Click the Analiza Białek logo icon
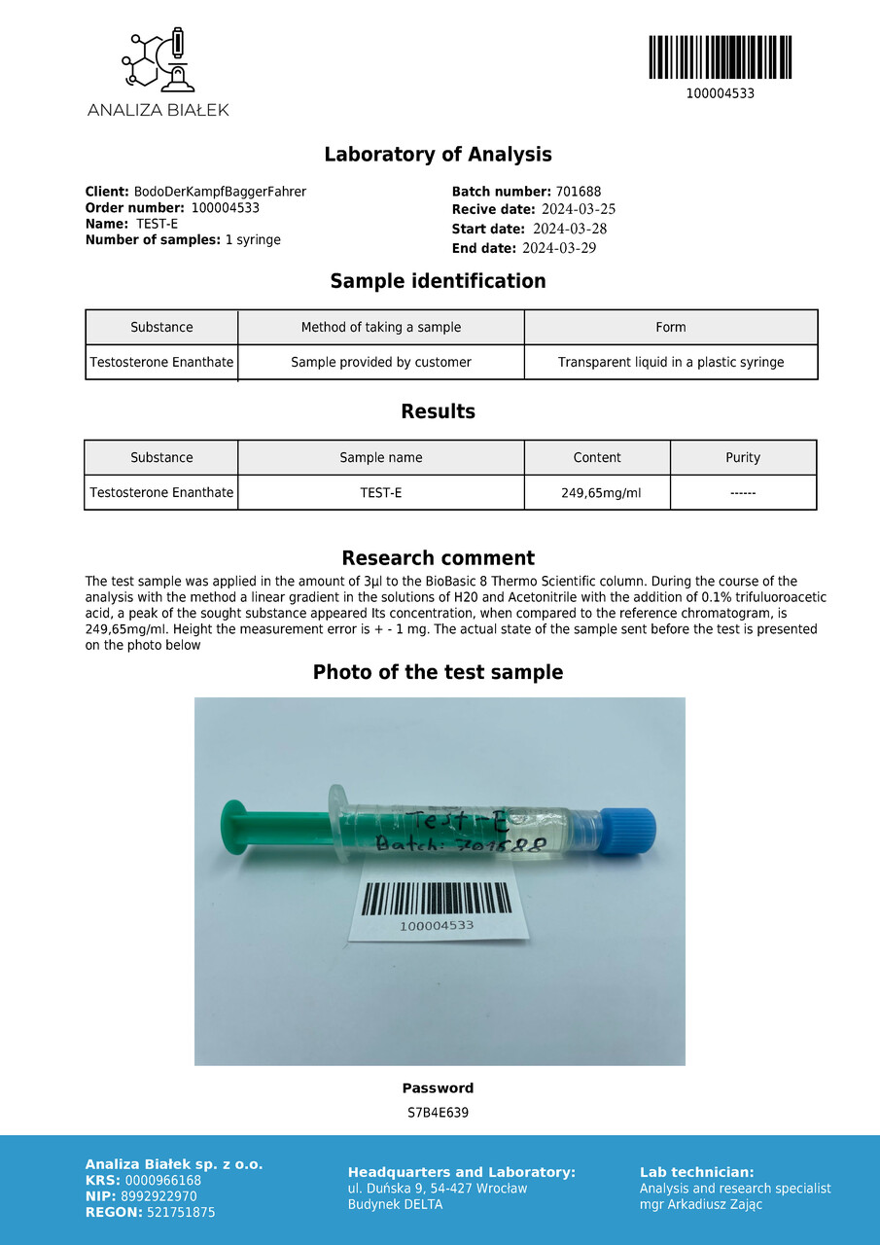click(x=158, y=60)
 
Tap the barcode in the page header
click(x=720, y=57)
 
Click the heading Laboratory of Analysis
click(x=438, y=155)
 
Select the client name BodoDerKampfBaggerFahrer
click(x=220, y=192)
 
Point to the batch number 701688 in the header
click(x=579, y=192)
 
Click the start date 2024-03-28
click(x=570, y=229)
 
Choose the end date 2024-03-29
click(x=559, y=248)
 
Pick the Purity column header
click(x=743, y=458)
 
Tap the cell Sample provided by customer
click(x=381, y=363)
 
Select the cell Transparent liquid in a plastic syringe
click(x=671, y=363)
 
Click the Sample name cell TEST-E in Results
click(x=381, y=493)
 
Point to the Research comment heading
click(x=438, y=558)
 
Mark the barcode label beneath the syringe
click(x=437, y=905)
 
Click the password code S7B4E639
click(x=438, y=1113)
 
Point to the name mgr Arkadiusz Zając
click(x=700, y=1205)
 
